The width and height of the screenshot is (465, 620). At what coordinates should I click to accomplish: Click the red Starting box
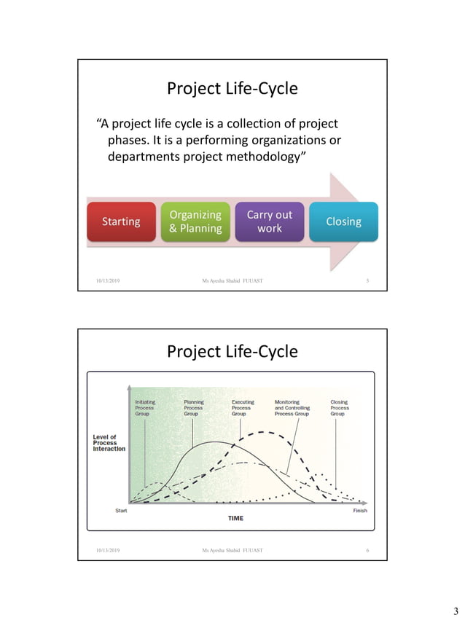point(121,221)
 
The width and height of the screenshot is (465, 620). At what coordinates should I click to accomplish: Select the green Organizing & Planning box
point(195,221)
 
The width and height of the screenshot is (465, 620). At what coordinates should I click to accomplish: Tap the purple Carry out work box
point(269,221)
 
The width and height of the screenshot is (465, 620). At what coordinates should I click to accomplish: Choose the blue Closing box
point(343,221)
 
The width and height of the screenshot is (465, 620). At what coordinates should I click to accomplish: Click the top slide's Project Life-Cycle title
point(232,89)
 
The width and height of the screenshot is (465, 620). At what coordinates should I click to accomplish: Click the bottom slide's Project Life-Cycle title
point(232,351)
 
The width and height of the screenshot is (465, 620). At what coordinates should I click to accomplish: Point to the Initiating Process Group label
point(144,407)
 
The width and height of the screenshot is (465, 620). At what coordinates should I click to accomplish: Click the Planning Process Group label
point(193,407)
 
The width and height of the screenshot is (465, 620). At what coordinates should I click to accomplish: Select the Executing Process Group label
point(243,407)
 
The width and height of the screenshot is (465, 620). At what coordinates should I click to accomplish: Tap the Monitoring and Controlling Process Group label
point(292,407)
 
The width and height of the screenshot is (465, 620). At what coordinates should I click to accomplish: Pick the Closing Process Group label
point(340,407)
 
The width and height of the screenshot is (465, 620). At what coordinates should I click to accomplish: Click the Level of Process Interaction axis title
point(109,443)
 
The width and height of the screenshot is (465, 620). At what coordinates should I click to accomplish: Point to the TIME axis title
point(235,519)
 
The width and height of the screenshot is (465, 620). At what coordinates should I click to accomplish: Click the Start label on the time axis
point(123,510)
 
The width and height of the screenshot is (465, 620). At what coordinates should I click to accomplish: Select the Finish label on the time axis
point(360,510)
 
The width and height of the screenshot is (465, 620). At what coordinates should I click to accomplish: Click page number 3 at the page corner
point(456,610)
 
